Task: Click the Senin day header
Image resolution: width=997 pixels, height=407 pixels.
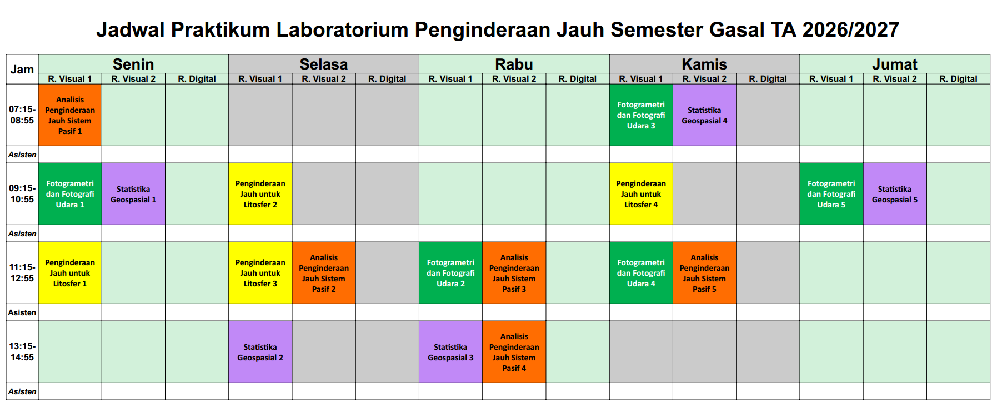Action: (x=133, y=64)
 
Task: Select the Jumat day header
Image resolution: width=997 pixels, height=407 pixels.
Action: (x=895, y=64)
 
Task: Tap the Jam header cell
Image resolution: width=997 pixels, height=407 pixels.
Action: (x=22, y=70)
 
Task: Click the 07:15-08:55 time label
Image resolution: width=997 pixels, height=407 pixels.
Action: (x=22, y=115)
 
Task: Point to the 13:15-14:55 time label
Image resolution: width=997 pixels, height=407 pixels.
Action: (x=22, y=352)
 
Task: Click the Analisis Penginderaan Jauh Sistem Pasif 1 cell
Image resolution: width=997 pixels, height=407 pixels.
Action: (x=70, y=115)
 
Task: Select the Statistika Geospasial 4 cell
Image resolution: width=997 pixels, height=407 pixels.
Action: (x=704, y=115)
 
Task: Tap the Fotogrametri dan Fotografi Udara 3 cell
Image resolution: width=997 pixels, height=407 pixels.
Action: (x=641, y=115)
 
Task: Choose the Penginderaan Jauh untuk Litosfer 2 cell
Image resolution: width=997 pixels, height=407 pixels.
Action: (x=260, y=194)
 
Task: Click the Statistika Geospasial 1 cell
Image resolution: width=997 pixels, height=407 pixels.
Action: (x=133, y=194)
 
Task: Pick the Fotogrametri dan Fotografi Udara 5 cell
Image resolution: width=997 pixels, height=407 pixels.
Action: (x=831, y=194)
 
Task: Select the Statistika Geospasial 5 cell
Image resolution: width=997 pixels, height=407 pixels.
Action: (x=895, y=194)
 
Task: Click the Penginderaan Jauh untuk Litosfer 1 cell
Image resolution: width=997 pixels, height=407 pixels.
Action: (x=70, y=273)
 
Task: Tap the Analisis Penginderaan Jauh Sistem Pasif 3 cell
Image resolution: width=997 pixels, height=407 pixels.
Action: (x=514, y=273)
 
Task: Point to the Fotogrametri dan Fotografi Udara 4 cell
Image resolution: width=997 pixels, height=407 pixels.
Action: (x=641, y=273)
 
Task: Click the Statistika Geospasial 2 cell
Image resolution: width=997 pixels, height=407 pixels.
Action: (x=260, y=352)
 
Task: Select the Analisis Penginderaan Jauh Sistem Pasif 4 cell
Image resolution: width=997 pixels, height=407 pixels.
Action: (x=514, y=352)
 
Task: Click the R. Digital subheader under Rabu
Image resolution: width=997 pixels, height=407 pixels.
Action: (x=578, y=79)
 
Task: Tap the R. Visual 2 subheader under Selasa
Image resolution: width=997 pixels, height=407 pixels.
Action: (x=324, y=79)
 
